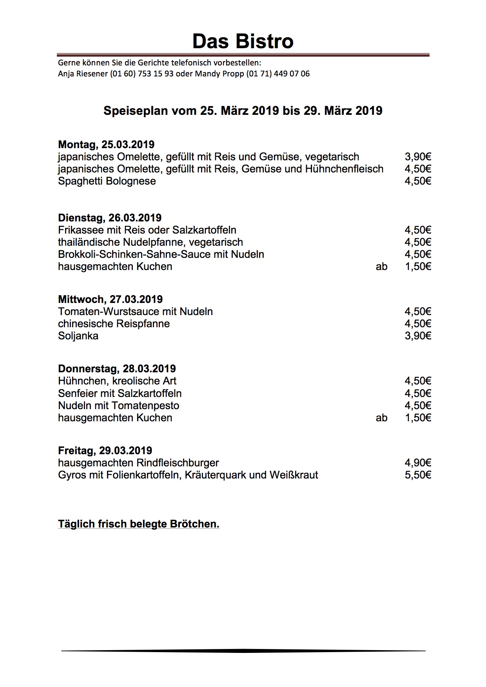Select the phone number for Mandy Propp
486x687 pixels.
(278, 74)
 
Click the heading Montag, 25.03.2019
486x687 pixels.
(106, 145)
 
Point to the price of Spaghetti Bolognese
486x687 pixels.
(418, 181)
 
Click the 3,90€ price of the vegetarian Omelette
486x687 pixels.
(418, 157)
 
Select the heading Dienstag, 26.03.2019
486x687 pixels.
(110, 218)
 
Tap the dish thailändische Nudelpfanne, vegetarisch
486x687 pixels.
(151, 242)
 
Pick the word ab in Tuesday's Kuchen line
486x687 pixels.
(381, 266)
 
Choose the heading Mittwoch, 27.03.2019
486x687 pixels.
(110, 299)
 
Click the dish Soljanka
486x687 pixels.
(78, 336)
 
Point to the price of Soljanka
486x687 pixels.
(418, 336)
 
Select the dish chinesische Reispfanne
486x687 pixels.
(114, 324)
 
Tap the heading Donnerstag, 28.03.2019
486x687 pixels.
(117, 369)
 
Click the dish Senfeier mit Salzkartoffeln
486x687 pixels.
(120, 393)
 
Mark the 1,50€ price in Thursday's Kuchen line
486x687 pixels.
(418, 418)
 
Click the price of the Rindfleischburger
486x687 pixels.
(418, 463)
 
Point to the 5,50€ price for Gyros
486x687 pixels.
(418, 475)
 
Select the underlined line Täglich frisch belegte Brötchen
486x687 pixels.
(138, 524)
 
